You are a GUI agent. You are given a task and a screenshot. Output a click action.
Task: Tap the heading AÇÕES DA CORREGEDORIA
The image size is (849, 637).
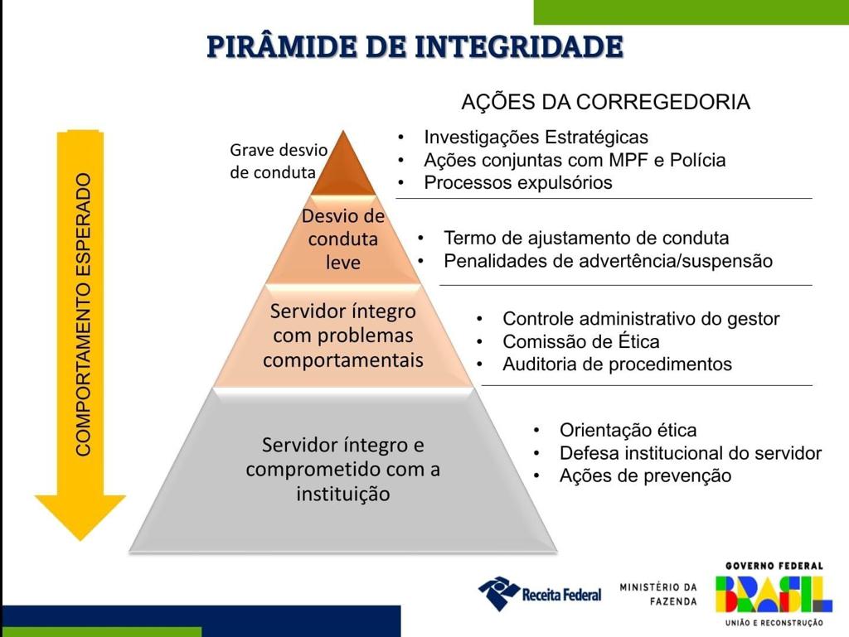605,102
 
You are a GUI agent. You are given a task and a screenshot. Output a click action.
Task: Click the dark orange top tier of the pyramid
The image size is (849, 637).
343,167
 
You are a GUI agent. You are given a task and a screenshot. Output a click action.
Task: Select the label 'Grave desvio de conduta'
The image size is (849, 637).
279,162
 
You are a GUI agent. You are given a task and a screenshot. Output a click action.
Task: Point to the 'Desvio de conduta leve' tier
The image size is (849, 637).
342,239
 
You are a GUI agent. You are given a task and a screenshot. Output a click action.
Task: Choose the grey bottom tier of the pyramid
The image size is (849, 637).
343,470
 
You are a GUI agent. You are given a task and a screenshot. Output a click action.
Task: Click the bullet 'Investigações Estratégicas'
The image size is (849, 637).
536,138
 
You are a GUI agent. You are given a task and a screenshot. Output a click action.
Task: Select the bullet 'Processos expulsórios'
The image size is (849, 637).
518,183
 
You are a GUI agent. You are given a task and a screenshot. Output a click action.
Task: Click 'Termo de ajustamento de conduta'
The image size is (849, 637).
586,238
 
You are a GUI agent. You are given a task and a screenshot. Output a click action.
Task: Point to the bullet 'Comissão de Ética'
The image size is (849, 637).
581,342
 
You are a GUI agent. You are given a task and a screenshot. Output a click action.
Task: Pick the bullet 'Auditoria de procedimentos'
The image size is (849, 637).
617,364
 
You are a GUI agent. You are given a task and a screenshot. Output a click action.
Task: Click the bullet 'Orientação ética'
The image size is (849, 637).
628,431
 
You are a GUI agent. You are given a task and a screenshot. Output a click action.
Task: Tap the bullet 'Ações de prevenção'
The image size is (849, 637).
645,475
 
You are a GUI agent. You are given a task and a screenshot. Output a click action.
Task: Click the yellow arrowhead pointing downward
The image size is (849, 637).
80,517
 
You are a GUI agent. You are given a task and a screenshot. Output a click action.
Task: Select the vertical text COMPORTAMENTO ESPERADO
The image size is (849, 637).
83,315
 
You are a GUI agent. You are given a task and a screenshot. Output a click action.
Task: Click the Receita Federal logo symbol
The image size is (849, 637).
498,593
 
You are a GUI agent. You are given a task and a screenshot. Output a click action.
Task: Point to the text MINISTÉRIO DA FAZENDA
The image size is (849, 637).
658,594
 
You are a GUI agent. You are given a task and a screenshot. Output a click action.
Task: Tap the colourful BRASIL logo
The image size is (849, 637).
774,594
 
